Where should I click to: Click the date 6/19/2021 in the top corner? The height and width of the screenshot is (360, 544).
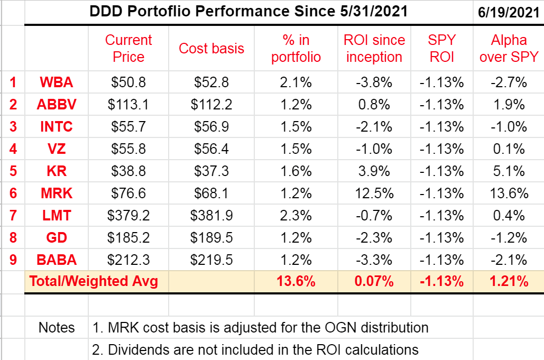tap(509, 12)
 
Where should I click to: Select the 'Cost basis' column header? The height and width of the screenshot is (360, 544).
tap(211, 49)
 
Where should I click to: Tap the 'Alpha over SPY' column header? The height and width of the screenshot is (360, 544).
tap(509, 49)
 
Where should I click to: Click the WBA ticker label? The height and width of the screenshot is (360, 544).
tap(57, 82)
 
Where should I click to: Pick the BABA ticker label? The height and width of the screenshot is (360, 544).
tap(57, 260)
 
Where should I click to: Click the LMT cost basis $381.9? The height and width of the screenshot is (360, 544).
tap(211, 215)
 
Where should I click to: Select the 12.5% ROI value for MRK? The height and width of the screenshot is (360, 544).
tap(374, 193)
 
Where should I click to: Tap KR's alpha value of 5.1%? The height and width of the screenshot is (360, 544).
tap(509, 171)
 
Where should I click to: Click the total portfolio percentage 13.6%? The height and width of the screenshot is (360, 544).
tap(296, 281)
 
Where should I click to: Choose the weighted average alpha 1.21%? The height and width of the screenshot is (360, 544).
tap(509, 281)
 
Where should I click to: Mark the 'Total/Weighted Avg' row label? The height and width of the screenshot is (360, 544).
tap(94, 281)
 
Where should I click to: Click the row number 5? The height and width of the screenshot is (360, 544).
tap(13, 171)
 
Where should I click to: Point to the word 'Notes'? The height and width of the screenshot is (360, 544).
tap(57, 328)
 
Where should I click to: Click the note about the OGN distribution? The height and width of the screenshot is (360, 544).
tap(260, 328)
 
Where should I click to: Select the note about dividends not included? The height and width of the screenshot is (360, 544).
tap(255, 349)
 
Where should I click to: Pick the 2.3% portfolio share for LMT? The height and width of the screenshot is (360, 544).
tap(296, 215)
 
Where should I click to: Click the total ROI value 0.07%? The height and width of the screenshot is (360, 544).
tap(374, 281)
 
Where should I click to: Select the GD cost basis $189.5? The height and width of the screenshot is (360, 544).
tap(211, 237)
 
